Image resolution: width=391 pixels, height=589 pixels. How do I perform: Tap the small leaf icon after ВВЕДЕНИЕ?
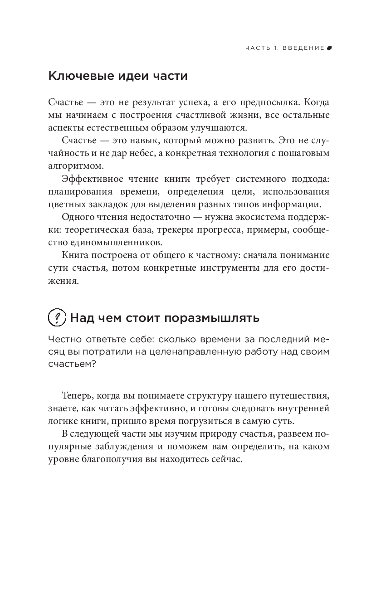(x=329, y=48)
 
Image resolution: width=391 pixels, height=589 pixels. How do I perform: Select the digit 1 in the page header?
(x=275, y=48)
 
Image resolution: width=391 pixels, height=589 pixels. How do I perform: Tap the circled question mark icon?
(x=57, y=317)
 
